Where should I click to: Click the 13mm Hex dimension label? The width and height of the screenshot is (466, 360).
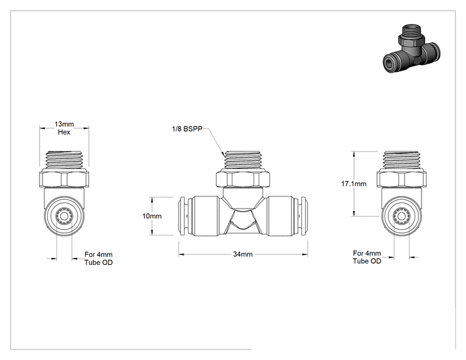pos(64,128)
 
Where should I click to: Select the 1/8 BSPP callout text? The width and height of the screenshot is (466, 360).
pos(187,129)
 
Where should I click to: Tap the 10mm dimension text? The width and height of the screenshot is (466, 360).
pos(152,216)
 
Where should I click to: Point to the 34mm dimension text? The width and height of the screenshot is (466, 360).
pos(243,254)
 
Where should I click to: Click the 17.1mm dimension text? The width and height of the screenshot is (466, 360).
pos(354,184)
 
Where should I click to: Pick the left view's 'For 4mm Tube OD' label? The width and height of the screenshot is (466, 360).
pos(98,259)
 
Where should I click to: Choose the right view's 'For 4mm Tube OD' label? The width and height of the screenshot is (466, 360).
pos(367,257)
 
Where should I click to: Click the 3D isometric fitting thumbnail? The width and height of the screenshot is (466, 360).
pos(412,49)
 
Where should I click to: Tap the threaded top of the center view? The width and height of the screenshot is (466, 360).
pos(243,160)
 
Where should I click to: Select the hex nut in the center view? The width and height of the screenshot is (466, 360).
pos(243,179)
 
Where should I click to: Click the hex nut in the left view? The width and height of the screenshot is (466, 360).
pos(64,178)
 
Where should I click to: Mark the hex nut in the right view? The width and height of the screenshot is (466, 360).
pos(401,178)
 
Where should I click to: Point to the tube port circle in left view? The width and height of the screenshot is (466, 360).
pos(64,216)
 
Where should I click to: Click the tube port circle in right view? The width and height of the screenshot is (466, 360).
pos(401,216)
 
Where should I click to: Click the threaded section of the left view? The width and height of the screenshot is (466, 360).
pos(64,160)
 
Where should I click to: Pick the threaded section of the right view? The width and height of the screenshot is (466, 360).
pos(401,160)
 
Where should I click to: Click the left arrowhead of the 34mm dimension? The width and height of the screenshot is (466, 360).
pos(181,255)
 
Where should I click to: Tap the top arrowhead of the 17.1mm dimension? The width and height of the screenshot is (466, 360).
pos(354,154)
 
